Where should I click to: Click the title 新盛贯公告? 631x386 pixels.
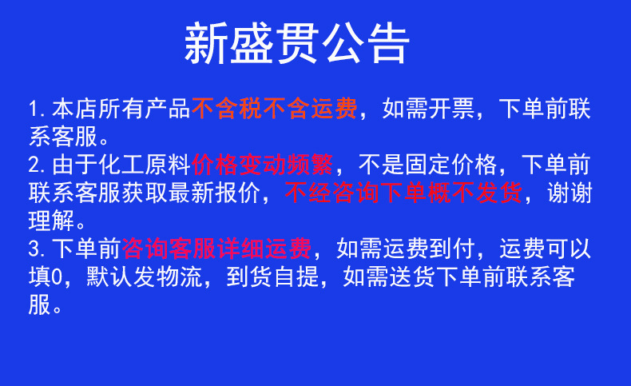pyautogui.click(x=297, y=44)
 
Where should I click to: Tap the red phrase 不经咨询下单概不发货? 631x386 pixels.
pyautogui.click(x=403, y=193)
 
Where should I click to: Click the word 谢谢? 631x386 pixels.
pyautogui.click(x=570, y=193)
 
